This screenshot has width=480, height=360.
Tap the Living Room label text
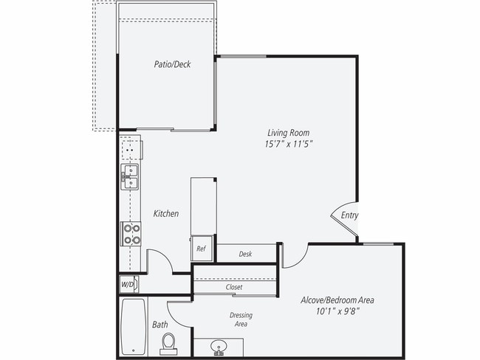(x=288, y=133)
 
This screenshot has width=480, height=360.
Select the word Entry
(x=349, y=215)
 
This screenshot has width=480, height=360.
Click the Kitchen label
(x=165, y=214)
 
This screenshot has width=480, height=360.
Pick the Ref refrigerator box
(x=201, y=249)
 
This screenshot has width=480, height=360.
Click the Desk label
(x=245, y=255)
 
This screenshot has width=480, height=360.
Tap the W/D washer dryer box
(x=127, y=283)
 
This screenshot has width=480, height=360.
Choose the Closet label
(x=234, y=287)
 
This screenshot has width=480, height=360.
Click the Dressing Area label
(x=241, y=319)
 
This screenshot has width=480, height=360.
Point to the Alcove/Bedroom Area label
(x=337, y=300)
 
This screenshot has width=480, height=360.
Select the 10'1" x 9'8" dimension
(x=337, y=312)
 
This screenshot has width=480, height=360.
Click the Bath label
(x=160, y=325)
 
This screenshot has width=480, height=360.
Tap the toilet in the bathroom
(x=169, y=342)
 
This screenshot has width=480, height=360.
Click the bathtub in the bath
(x=133, y=325)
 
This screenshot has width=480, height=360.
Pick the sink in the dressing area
(x=219, y=346)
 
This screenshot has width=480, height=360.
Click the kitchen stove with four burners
(x=131, y=235)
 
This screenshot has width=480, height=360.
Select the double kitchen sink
(x=131, y=177)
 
